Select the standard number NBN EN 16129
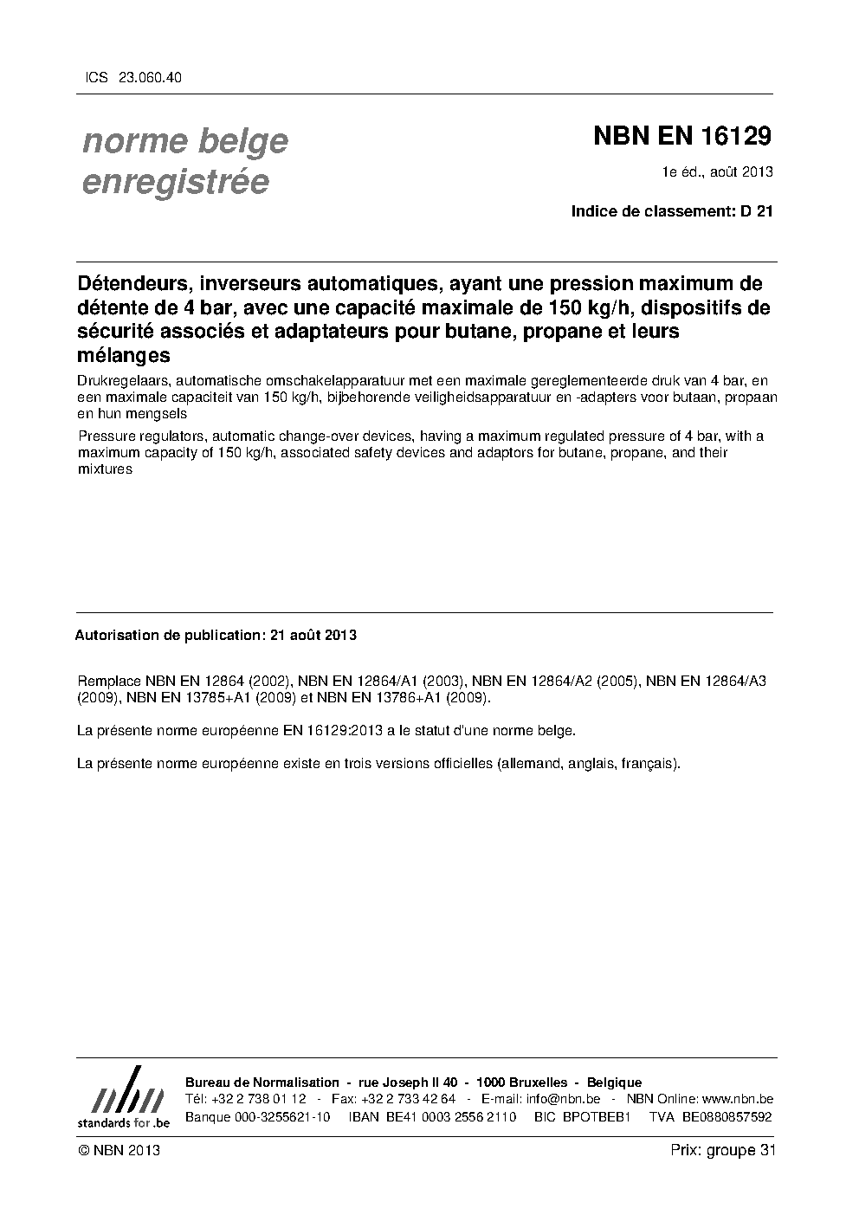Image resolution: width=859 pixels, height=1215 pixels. click(681, 136)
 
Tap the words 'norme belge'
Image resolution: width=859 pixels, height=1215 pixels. click(185, 141)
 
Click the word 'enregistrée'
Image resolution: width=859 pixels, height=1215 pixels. click(175, 183)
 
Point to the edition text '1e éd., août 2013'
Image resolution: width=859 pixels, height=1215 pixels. click(717, 171)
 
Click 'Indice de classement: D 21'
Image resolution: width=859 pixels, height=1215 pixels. click(671, 210)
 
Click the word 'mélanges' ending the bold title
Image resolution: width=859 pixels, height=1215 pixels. click(123, 354)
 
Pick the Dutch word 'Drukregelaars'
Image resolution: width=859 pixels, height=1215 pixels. click(117, 381)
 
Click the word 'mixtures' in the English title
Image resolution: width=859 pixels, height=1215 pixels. click(105, 469)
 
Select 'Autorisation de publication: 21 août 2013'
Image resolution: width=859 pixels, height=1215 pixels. click(216, 635)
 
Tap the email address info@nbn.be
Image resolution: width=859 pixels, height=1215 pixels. click(563, 1099)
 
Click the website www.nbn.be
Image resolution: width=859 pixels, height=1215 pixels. click(737, 1099)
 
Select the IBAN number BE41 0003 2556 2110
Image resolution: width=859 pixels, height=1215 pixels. click(445, 1116)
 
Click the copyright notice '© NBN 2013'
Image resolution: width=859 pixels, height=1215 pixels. click(119, 1150)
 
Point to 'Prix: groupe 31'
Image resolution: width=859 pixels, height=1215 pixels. click(723, 1150)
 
